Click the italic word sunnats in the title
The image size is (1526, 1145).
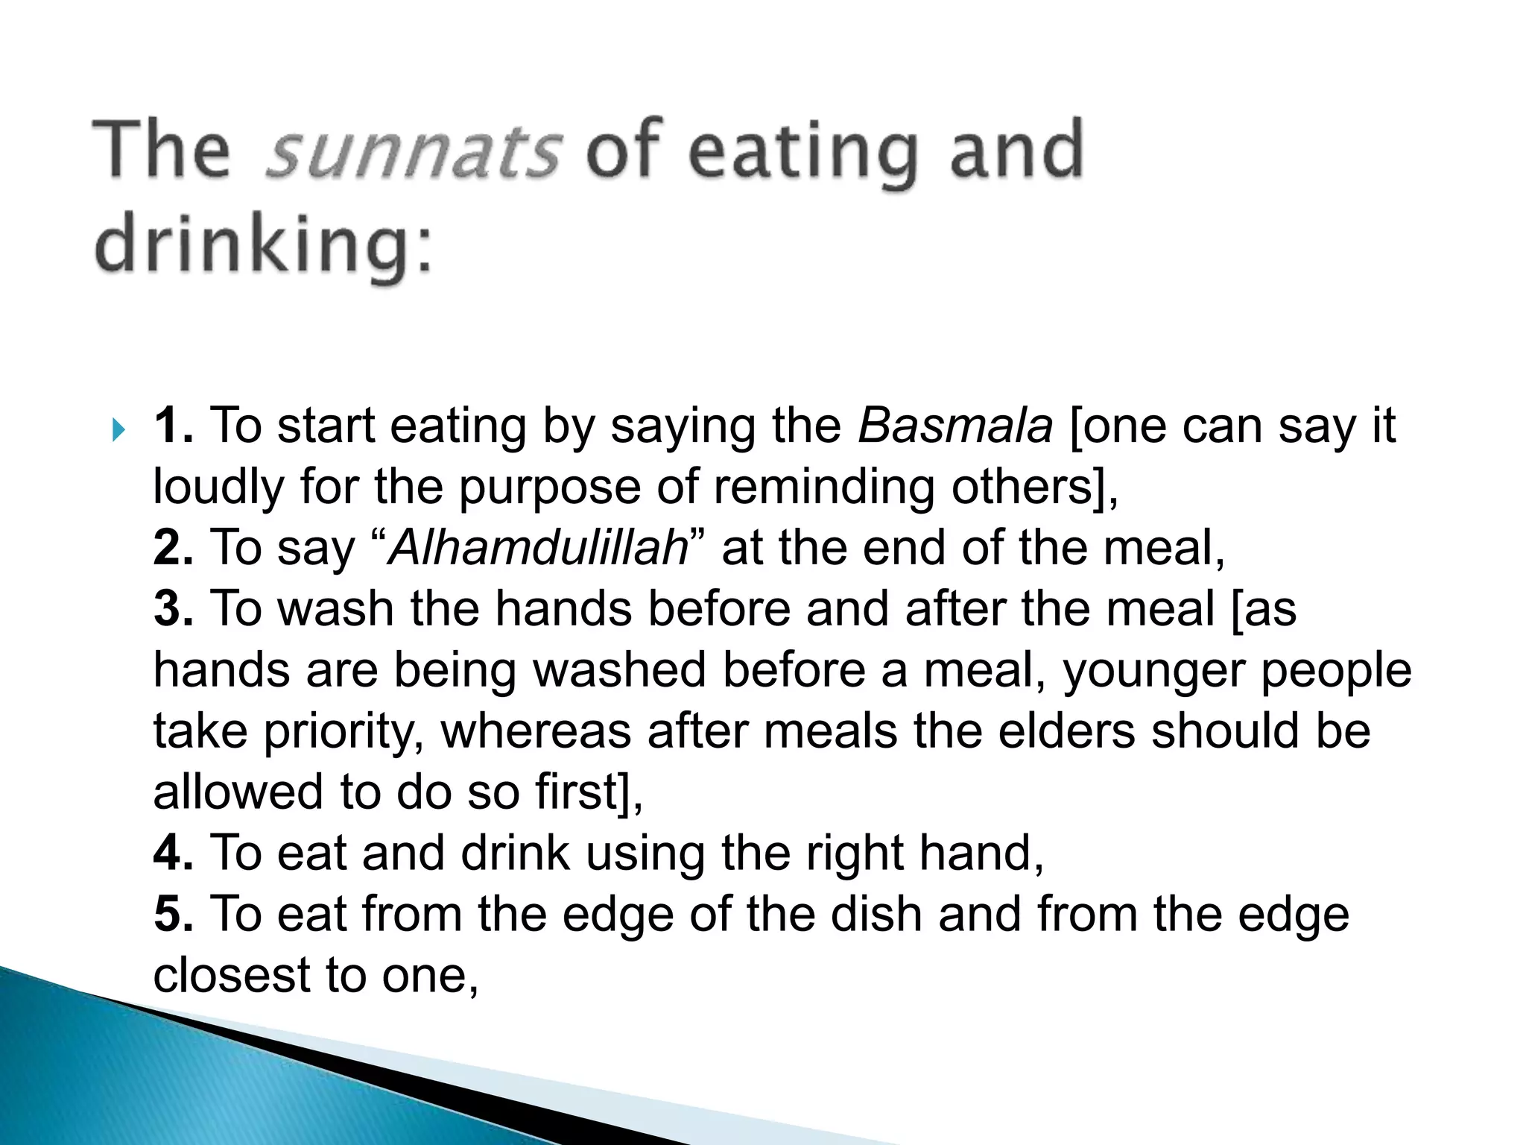[x=412, y=151]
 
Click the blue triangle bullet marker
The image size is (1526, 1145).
[x=118, y=430]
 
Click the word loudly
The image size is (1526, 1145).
[x=218, y=488]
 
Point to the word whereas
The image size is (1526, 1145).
[x=536, y=731]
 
